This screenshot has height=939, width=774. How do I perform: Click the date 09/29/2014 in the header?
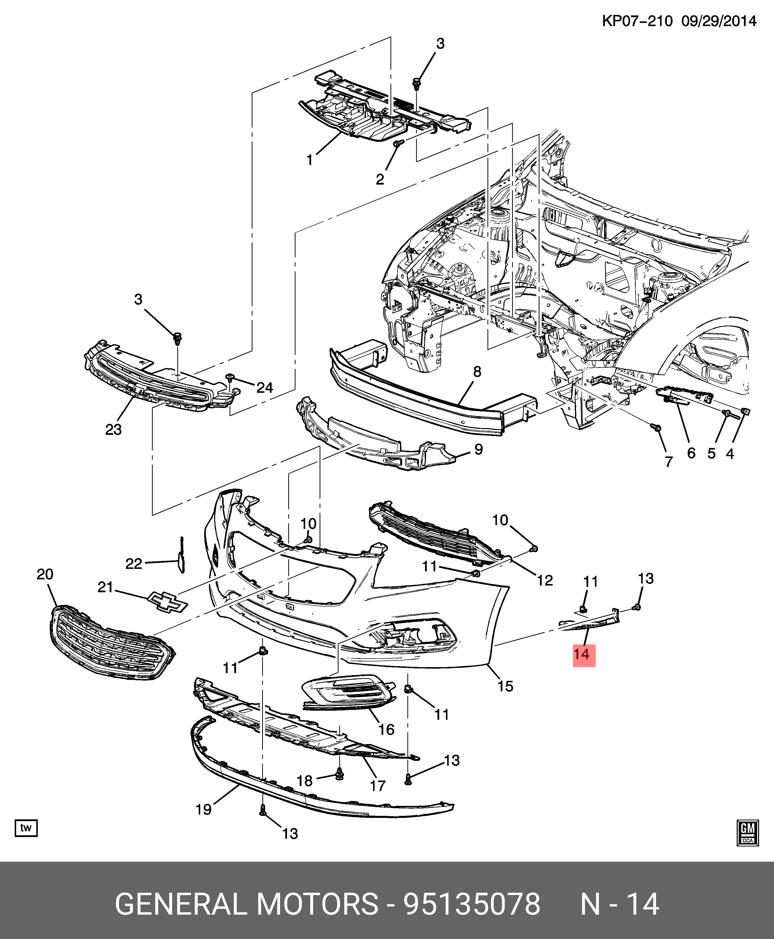coord(719,21)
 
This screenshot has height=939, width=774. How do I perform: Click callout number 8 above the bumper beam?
coord(477,371)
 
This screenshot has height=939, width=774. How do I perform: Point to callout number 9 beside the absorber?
coord(478,449)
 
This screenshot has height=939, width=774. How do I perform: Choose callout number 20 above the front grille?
coord(45,574)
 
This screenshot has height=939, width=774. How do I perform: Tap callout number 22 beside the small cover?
coord(134,564)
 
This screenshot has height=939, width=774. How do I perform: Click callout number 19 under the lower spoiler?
coord(204,809)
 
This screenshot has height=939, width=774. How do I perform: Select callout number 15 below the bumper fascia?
coord(505,686)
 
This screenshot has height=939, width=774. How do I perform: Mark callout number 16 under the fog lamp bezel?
coord(386,730)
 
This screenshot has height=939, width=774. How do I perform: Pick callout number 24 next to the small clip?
coord(264,388)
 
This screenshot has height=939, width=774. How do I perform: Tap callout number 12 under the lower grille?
coord(545,580)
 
